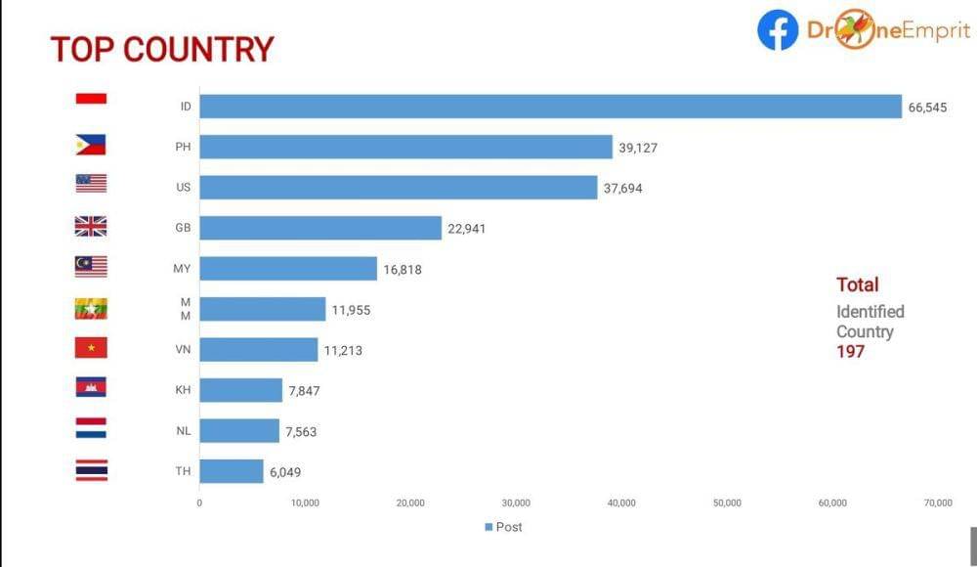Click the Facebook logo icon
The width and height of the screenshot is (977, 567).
(x=778, y=30)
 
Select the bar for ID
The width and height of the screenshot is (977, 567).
(x=550, y=107)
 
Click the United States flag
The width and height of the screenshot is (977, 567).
(x=91, y=184)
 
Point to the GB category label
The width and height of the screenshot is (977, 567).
(x=183, y=228)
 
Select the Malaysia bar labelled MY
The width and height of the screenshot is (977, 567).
(x=288, y=269)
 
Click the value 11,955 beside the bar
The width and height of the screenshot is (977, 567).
(x=352, y=310)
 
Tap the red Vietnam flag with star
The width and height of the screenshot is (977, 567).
(x=91, y=347)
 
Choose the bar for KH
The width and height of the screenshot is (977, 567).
(x=240, y=391)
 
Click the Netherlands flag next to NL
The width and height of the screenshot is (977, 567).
(x=91, y=428)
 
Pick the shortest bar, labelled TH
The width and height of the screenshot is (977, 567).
(x=232, y=471)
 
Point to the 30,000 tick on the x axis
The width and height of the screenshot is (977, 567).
(x=516, y=503)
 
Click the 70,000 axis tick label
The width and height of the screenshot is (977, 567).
(x=938, y=503)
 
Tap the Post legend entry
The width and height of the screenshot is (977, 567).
(x=503, y=528)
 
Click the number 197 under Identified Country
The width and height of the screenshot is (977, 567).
(x=850, y=352)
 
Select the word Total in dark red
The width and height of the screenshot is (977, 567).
(x=857, y=284)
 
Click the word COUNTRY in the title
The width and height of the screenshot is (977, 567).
(x=198, y=50)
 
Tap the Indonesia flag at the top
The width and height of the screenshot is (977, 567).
(x=91, y=99)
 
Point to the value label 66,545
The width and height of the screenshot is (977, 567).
(x=927, y=108)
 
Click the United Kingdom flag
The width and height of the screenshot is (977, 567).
(x=91, y=227)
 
